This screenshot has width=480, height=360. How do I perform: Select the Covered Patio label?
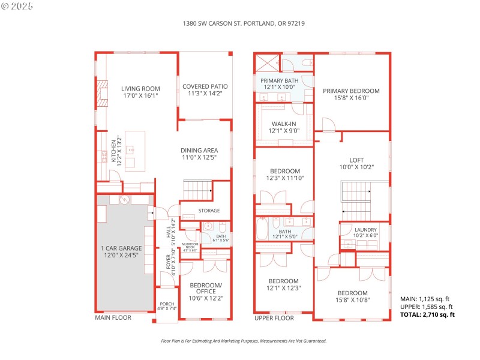[205, 86]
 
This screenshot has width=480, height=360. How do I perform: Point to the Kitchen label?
[112, 152]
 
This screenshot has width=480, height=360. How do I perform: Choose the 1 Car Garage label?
[122, 248]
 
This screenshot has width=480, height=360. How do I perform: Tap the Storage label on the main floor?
[209, 211]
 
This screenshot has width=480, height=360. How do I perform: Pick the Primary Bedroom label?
[352, 91]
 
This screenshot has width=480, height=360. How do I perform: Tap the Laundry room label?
[365, 230]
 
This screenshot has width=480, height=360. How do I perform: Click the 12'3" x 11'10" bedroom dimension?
[284, 178]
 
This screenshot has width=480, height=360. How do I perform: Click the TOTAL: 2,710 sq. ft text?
[427, 314]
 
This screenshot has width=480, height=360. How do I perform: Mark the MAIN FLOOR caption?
[113, 318]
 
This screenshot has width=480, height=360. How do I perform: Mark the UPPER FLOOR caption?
[274, 318]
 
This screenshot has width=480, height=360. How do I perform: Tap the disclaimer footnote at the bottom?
[244, 341]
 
